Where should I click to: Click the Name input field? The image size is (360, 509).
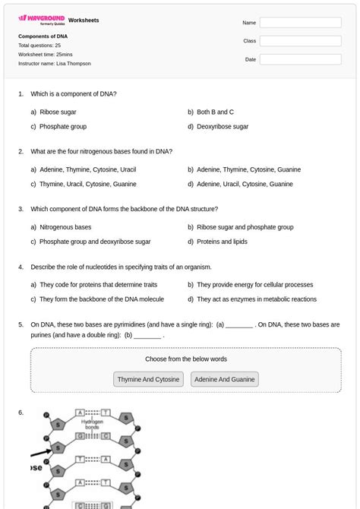300,23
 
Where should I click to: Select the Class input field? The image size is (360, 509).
300,41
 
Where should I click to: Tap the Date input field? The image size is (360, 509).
300,59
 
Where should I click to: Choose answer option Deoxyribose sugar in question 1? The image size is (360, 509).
223,127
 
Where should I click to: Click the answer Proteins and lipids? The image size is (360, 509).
222,242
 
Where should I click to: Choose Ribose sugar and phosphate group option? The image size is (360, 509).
245,227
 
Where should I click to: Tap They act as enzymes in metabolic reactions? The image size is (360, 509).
256,299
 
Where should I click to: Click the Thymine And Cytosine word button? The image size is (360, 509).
149,379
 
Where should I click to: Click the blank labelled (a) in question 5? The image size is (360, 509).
239,325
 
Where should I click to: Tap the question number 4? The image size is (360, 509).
21,267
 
